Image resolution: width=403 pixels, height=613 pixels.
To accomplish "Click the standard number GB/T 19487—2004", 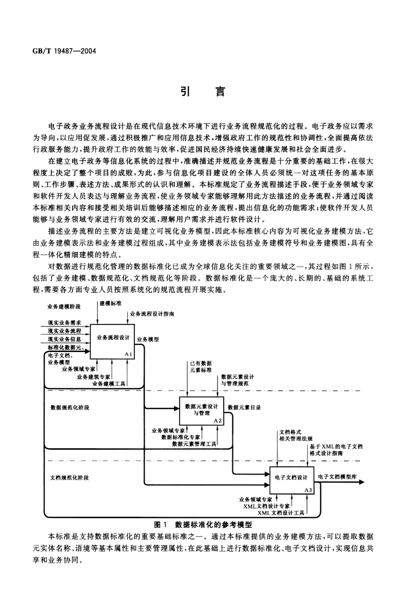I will point(64,51).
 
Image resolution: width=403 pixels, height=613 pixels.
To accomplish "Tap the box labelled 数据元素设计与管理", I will point(201,410).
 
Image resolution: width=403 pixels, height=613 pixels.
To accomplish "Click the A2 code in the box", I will point(218,420).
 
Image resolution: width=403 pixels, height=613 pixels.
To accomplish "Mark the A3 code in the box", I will point(308,490).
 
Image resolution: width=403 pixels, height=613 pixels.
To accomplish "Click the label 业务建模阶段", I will point(64,306).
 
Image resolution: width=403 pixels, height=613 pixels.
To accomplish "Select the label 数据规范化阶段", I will point(70,408).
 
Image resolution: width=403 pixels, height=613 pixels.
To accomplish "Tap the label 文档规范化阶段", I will point(70,477).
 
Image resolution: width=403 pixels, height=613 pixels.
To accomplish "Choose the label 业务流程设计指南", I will point(152,314).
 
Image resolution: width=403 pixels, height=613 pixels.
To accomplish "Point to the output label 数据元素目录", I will point(244,408).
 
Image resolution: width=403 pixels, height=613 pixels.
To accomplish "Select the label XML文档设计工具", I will point(281,513).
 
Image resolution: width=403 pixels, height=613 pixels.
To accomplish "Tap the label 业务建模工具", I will point(109,383).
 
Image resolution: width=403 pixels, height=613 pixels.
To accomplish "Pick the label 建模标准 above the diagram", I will point(110,304).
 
